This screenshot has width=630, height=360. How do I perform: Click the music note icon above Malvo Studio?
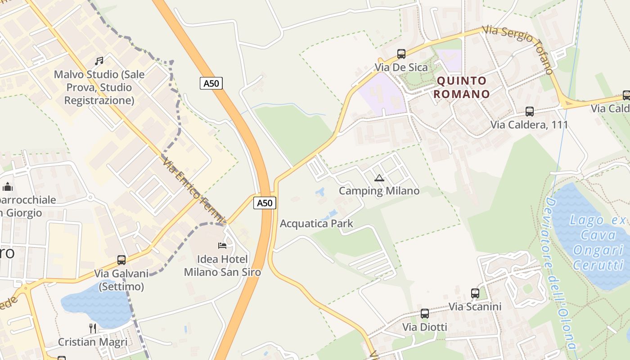99,61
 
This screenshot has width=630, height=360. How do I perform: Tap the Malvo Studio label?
99,87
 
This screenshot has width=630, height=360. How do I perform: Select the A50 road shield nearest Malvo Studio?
211,83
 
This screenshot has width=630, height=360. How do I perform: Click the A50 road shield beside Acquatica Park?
265,203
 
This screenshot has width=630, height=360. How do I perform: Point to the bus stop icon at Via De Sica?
401,54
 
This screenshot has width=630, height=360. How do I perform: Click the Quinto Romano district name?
463,87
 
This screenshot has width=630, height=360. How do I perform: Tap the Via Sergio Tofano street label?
517,49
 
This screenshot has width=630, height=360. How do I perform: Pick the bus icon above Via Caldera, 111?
530,111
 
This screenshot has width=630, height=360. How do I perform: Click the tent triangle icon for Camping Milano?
379,178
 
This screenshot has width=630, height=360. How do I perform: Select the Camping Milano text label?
379,191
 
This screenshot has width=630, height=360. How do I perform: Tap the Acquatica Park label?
316,224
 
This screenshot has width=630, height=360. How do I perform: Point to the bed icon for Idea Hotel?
222,246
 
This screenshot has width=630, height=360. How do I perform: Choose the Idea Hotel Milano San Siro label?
222,265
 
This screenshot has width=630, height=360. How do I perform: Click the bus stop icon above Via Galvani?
121,260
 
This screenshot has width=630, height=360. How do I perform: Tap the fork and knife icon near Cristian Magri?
93,328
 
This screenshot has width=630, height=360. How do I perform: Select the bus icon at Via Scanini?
475,293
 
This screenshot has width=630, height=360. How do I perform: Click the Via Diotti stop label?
425,327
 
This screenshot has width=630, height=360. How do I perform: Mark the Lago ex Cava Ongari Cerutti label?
598,242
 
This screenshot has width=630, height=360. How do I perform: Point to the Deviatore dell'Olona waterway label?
561,274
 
